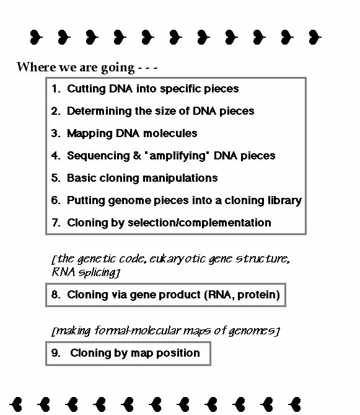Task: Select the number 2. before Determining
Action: coord(56,111)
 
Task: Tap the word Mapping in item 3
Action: coord(90,134)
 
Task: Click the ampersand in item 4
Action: coord(137,156)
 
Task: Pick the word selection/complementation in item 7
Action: coord(200,223)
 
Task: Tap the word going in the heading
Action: coord(118,68)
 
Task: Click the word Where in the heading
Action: coord(36,67)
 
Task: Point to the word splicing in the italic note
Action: coord(100,272)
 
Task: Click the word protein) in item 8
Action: coord(258,295)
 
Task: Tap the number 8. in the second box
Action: coord(56,295)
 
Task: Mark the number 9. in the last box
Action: coord(56,353)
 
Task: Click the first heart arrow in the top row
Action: coord(36,37)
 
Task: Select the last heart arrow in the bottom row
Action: coord(294,404)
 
